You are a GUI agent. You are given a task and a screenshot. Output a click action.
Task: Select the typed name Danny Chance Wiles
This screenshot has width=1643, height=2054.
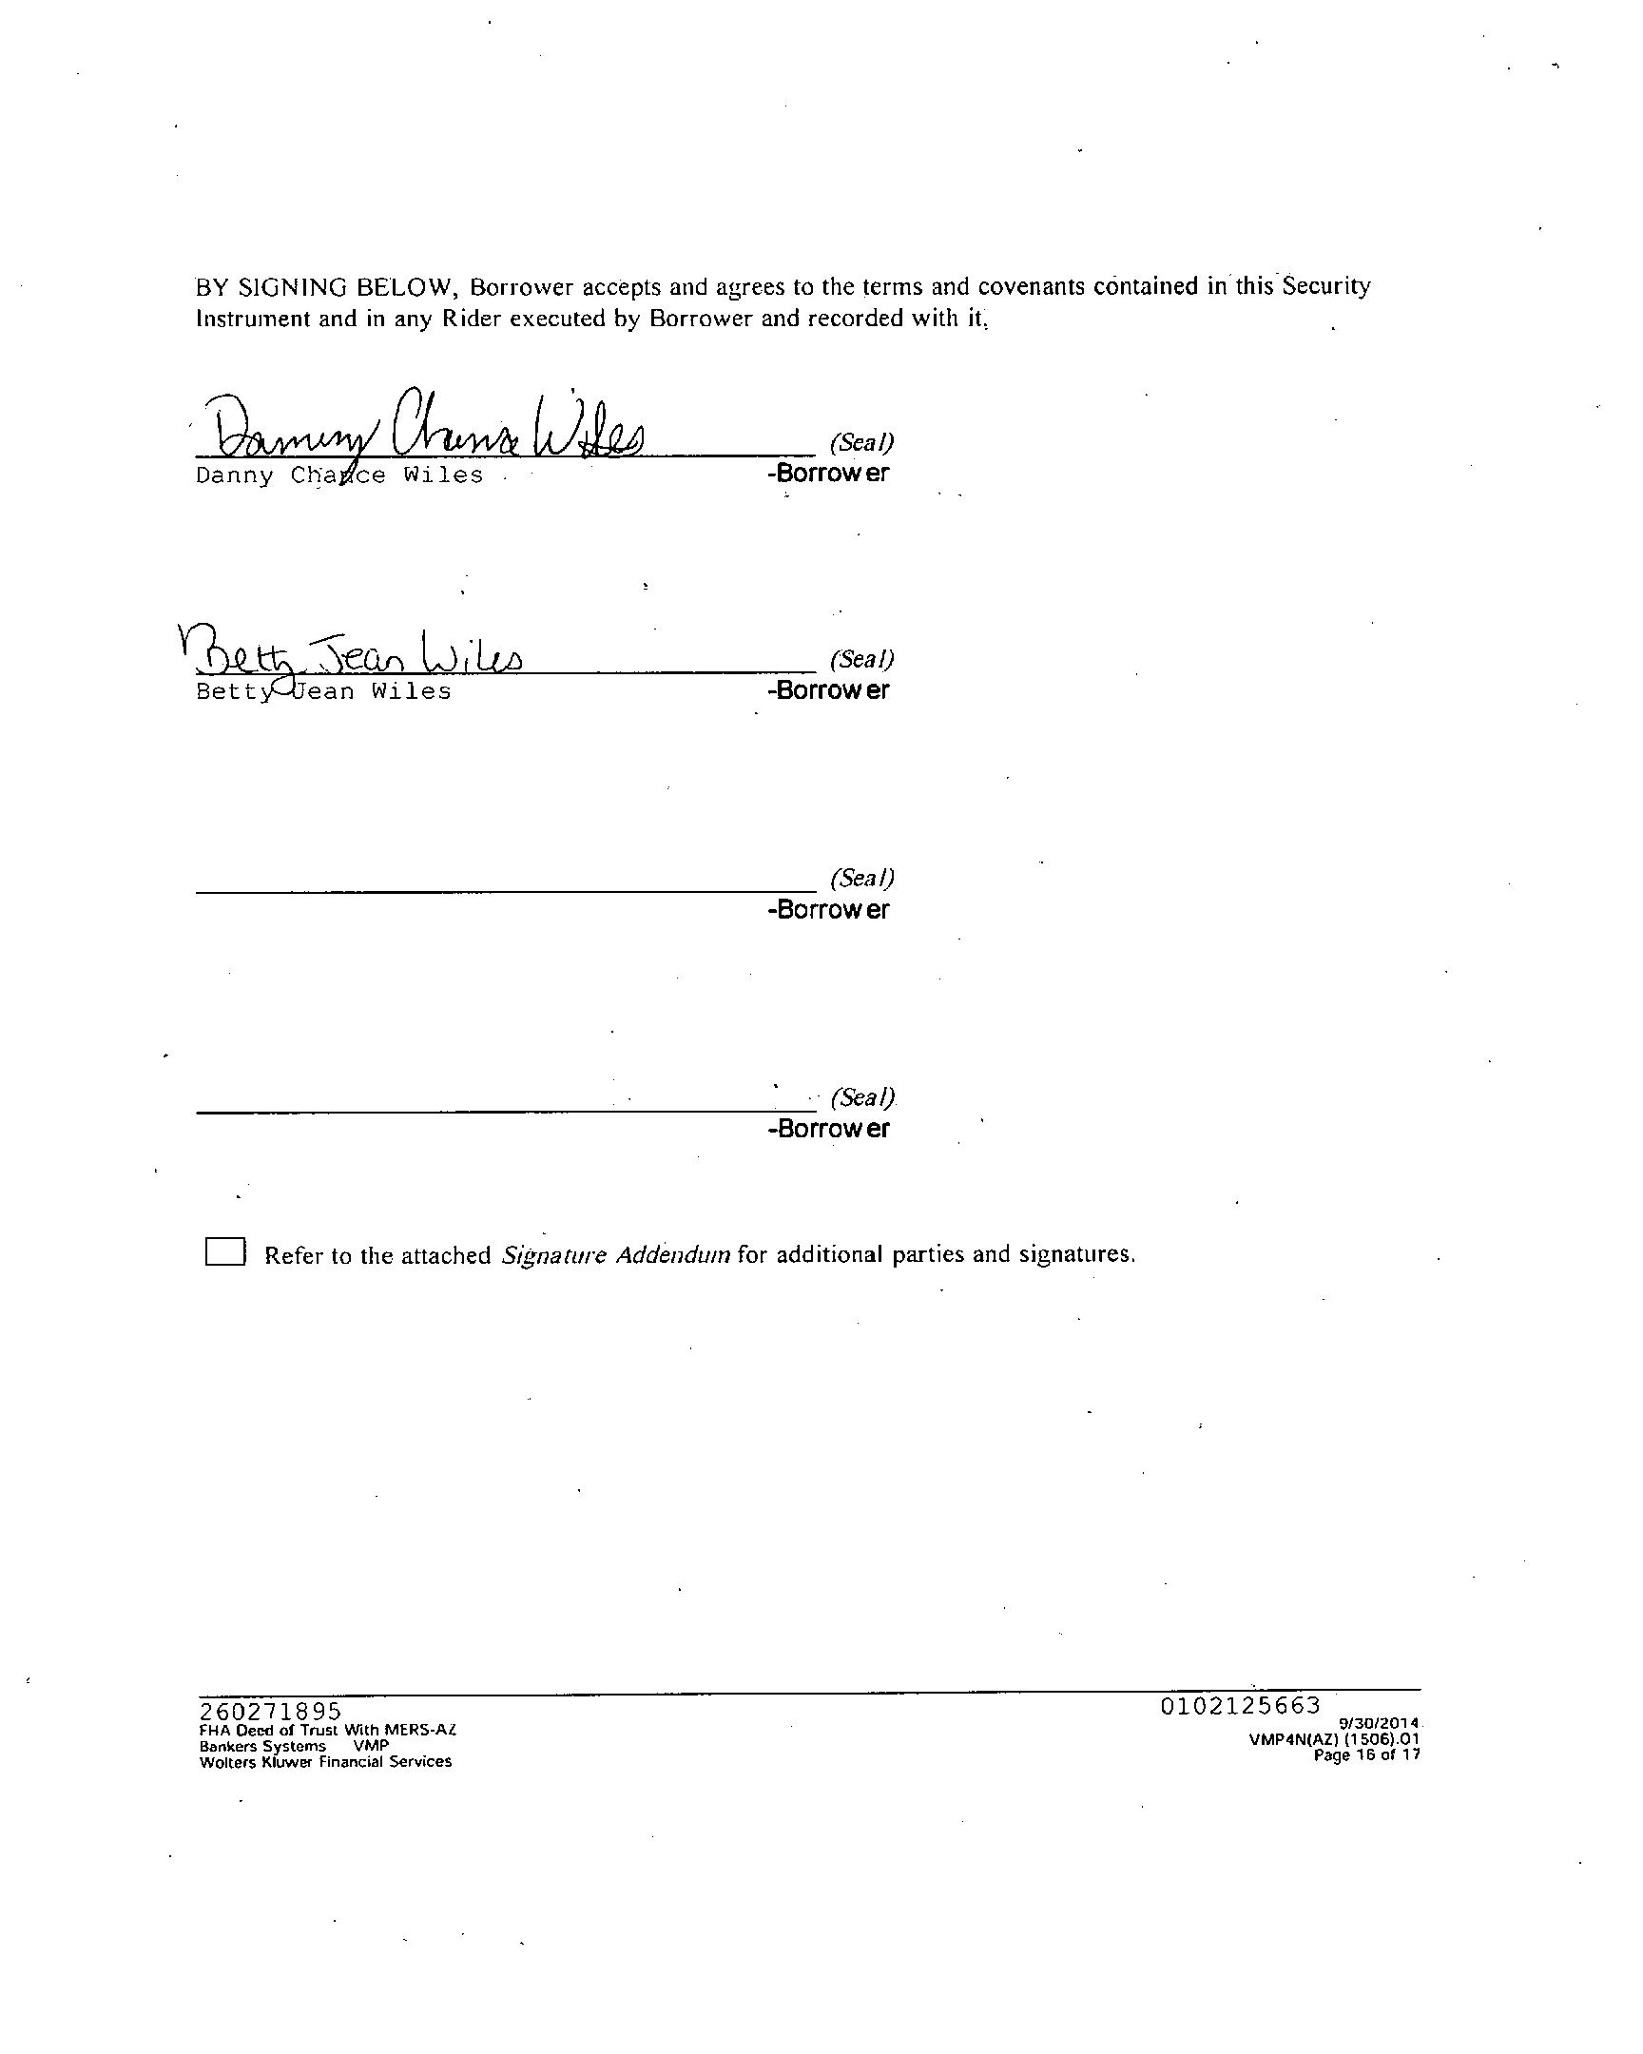(x=339, y=475)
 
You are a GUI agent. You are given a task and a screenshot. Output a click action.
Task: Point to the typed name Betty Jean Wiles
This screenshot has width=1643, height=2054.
(x=324, y=691)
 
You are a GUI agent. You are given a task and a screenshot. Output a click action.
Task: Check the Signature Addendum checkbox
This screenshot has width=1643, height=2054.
(x=224, y=1251)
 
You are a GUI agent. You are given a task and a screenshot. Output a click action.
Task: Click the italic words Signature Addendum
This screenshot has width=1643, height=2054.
(x=615, y=1254)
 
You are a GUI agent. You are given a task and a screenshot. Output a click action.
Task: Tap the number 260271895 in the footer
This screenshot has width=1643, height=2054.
(x=270, y=1712)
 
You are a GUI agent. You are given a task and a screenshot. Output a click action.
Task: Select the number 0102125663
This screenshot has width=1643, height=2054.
(x=1240, y=1706)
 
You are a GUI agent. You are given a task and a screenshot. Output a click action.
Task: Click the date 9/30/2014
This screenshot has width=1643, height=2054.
(x=1380, y=1723)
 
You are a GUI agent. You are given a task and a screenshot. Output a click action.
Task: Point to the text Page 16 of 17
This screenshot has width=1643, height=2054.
(x=1366, y=1754)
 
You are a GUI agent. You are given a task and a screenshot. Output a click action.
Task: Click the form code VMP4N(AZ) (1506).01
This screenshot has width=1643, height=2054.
(x=1334, y=1739)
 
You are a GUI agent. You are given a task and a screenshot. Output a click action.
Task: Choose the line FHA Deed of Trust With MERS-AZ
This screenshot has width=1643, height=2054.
(x=328, y=1730)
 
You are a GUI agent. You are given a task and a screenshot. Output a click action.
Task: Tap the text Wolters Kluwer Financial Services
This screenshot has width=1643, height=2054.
(x=326, y=1762)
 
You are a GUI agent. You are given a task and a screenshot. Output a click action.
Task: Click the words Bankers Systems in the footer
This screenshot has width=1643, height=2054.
(x=262, y=1746)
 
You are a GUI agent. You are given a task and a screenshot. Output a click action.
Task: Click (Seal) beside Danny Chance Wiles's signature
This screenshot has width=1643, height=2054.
(x=862, y=442)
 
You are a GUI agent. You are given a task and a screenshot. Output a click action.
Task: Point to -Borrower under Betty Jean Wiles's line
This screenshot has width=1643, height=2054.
(x=829, y=690)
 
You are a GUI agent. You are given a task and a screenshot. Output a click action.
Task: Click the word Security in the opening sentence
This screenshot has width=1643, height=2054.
(x=1325, y=287)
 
